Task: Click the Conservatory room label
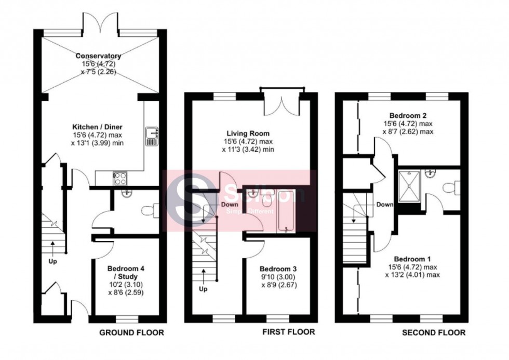[x=98, y=56]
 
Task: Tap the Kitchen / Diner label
[x=98, y=126]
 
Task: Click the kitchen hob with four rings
[x=120, y=178]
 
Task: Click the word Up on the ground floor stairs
[x=52, y=261]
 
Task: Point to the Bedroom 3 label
[x=278, y=269]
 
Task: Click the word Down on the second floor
[x=384, y=205]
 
